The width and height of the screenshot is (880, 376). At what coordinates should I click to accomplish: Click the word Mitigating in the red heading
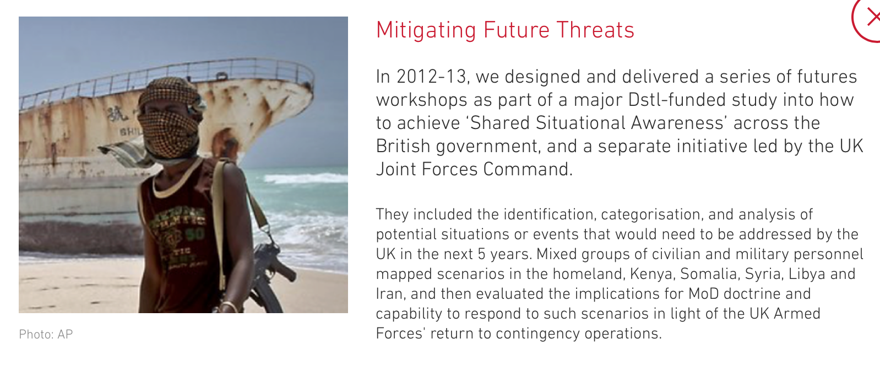tap(426, 31)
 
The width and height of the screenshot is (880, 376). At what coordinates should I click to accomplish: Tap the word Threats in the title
tap(595, 30)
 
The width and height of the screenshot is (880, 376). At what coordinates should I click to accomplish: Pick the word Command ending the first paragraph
tap(528, 169)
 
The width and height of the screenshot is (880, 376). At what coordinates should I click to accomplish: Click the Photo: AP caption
tap(46, 334)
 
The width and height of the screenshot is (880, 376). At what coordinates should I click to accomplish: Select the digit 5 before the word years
tap(482, 254)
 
